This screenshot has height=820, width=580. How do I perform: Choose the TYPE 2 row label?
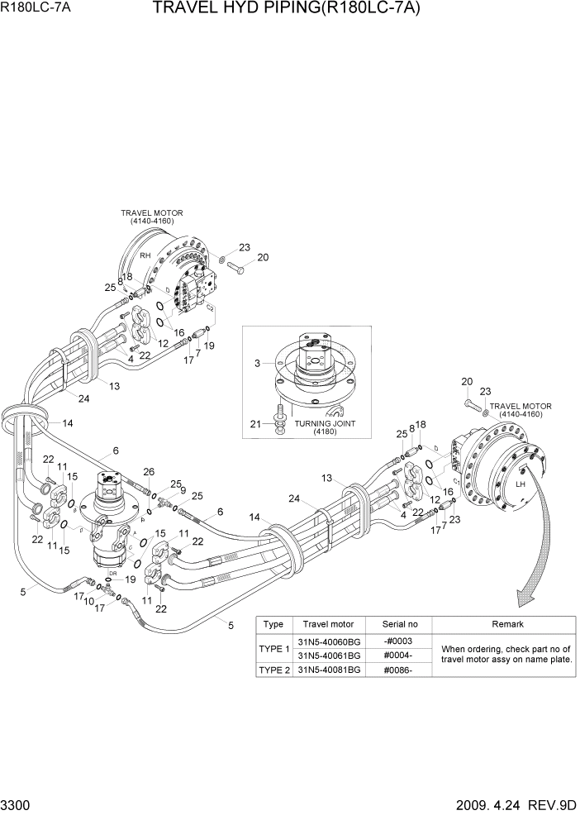[x=273, y=670]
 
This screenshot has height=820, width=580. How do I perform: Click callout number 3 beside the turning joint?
[x=258, y=363]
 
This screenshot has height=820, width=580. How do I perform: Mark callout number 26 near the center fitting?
[x=148, y=472]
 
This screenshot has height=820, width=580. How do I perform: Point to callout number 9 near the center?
[x=182, y=490]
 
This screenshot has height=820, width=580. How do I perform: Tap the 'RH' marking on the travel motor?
[x=144, y=255]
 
